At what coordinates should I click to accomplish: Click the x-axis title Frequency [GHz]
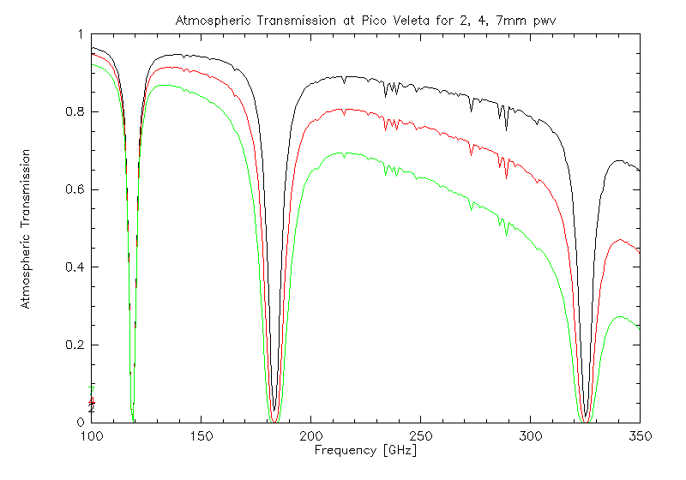(x=366, y=449)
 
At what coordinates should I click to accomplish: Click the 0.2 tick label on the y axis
(x=73, y=345)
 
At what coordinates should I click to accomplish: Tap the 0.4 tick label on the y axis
(x=73, y=267)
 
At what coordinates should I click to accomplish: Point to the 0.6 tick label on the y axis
(x=73, y=189)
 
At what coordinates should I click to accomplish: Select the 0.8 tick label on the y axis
(x=73, y=112)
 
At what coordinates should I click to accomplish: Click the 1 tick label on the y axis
(x=80, y=34)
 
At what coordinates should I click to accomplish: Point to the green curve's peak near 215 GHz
(x=343, y=153)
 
